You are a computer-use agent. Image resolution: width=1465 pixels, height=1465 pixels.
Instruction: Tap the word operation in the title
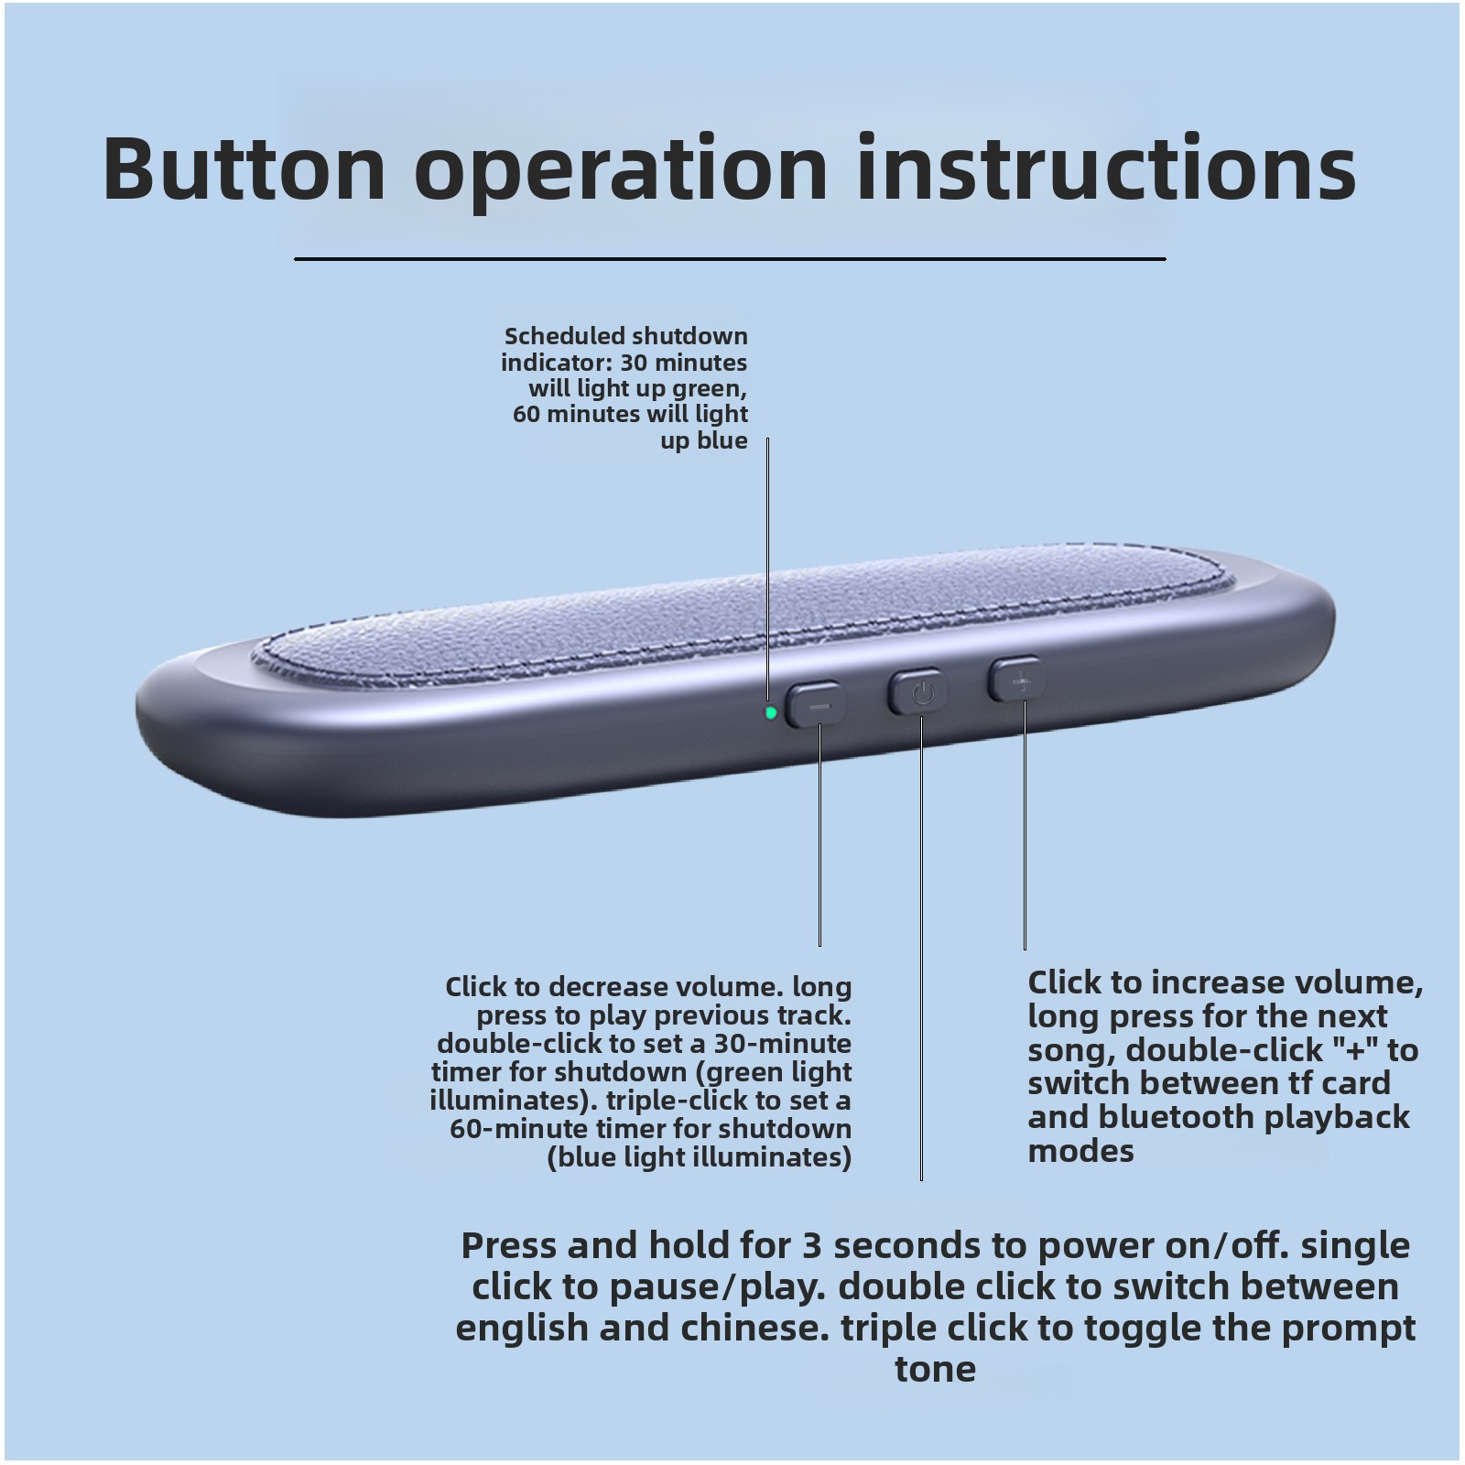click(x=621, y=174)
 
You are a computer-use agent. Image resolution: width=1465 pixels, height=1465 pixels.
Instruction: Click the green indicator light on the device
click(x=771, y=712)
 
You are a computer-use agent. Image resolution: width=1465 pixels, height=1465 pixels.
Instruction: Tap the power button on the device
click(x=918, y=693)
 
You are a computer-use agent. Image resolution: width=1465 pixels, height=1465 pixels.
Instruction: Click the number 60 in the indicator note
click(x=527, y=414)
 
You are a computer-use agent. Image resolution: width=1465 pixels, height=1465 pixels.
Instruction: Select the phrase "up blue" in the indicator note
click(x=704, y=440)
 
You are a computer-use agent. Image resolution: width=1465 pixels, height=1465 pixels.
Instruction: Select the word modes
click(x=1080, y=1151)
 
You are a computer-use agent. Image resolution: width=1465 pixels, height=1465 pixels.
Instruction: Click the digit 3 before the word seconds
click(x=812, y=1246)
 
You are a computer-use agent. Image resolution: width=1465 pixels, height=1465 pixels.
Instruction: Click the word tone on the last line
click(x=935, y=1370)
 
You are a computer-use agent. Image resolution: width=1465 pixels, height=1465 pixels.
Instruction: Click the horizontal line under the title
click(x=730, y=259)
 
